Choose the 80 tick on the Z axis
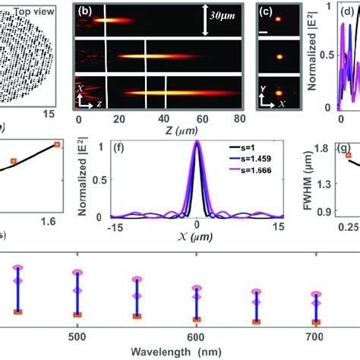coord(239,119)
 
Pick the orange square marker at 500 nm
coord(77,314)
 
